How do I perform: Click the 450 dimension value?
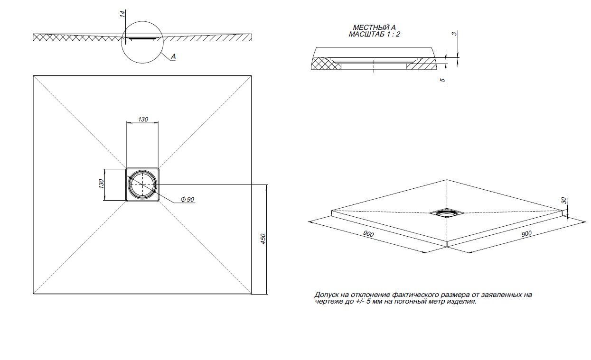coord(263,239)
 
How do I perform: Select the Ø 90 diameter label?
coord(188,200)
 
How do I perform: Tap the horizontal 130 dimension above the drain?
coord(143,119)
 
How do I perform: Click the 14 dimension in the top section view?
coord(122,14)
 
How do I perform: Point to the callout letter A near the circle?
coord(173,56)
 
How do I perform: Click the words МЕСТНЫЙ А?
coord(374,28)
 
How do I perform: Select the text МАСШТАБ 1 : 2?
coord(374,35)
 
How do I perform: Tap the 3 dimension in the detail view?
coord(454,34)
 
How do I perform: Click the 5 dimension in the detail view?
coord(443,81)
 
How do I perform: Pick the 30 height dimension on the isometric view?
coord(564,201)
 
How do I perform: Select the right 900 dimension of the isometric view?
coord(526,233)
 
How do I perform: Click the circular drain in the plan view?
coord(142,185)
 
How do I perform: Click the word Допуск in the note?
coord(326,295)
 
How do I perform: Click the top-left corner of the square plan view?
coord(33,76)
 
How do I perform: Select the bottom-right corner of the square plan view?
coord(251,294)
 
